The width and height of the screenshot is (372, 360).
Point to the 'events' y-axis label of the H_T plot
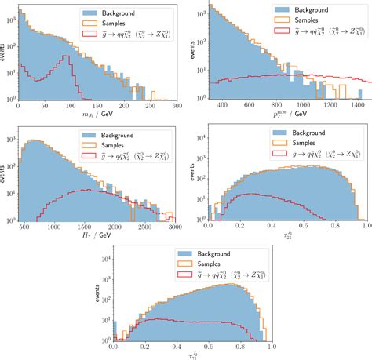pyautogui.click(x=5, y=174)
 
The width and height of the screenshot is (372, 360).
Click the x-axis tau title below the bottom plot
pyautogui.click(x=192, y=355)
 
